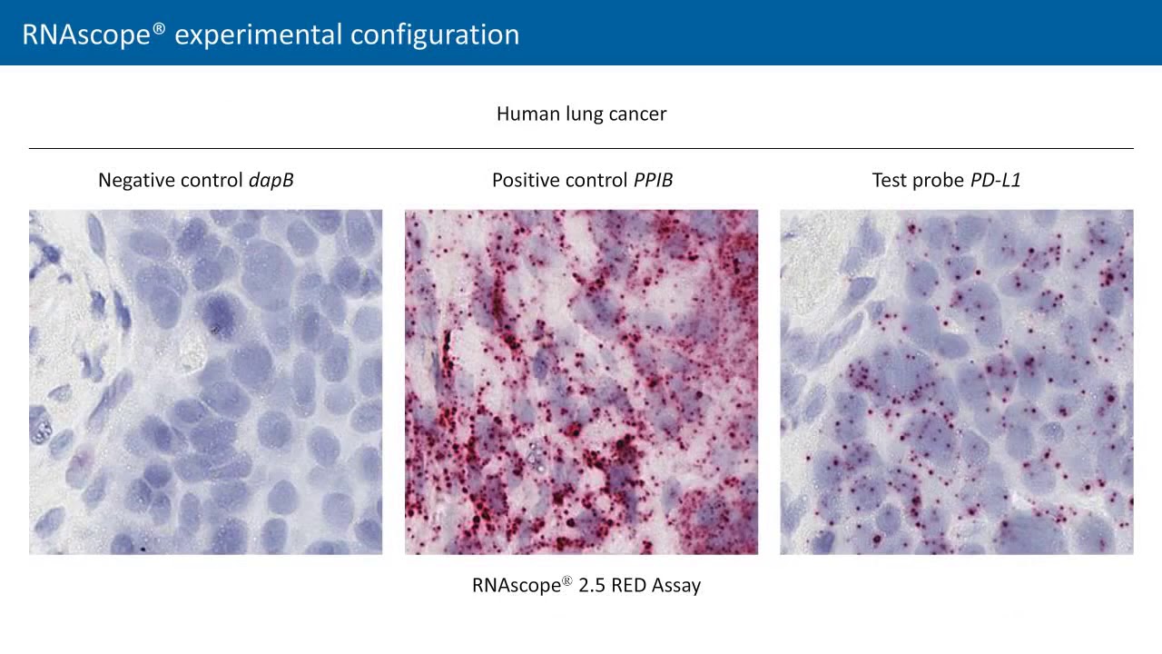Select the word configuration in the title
tap(435, 35)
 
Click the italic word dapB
tap(271, 180)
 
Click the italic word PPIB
tap(653, 180)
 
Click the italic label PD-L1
tap(996, 180)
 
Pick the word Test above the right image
tap(889, 180)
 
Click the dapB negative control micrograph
tap(205, 381)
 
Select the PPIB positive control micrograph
tap(581, 381)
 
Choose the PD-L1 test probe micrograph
tap(956, 381)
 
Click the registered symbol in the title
tap(159, 27)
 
